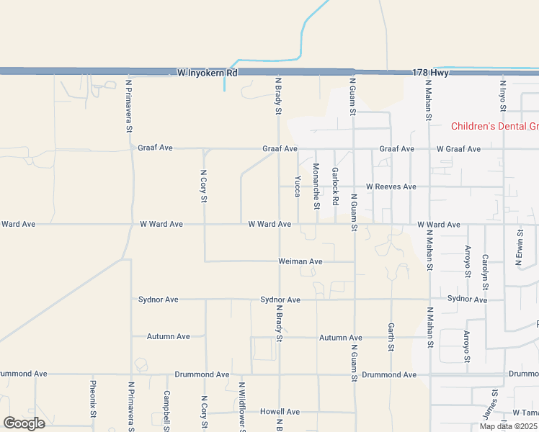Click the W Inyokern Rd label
click(x=208, y=73)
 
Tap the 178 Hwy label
click(x=431, y=73)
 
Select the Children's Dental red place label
click(x=494, y=127)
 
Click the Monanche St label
click(x=316, y=186)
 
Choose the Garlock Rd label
click(x=335, y=186)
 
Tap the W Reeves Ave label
click(x=391, y=186)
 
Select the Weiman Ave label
click(x=300, y=261)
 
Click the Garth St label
click(x=391, y=336)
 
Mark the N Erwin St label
click(x=519, y=248)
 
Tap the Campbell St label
click(x=166, y=410)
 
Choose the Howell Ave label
click(x=280, y=412)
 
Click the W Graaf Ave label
click(x=458, y=149)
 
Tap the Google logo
click(x=24, y=423)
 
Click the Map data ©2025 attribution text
click(x=508, y=426)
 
